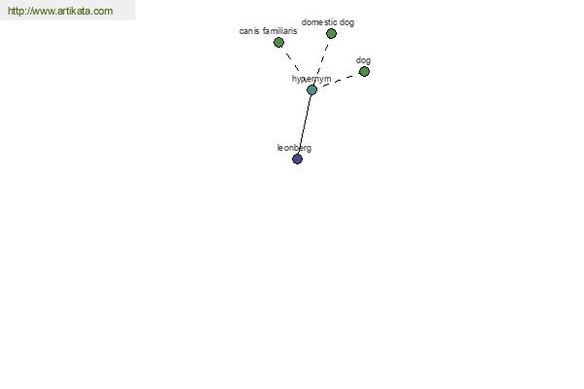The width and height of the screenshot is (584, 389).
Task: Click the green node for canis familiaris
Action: tap(278, 43)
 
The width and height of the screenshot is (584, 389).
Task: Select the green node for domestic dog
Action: tap(331, 34)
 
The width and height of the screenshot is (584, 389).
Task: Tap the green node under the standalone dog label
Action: tap(364, 71)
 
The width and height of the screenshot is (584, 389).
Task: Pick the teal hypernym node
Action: tap(311, 89)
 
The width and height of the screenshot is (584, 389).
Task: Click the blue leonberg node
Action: tap(297, 159)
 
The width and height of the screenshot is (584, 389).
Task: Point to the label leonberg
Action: tap(294, 148)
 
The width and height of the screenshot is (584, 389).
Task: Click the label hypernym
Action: tap(311, 79)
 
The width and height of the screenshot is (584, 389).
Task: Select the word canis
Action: tap(249, 31)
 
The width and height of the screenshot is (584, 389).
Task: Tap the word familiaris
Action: tap(279, 31)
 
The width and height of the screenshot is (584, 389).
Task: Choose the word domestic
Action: tap(319, 22)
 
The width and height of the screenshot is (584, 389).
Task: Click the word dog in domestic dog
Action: tap(347, 22)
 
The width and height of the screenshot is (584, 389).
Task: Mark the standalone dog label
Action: tap(363, 60)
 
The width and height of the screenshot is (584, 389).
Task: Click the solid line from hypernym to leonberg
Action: tap(305, 124)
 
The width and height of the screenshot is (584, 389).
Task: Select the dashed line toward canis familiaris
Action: tap(292, 62)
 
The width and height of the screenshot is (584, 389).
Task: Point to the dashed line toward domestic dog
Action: tap(322, 59)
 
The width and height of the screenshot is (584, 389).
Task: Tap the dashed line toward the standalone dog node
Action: tap(338, 81)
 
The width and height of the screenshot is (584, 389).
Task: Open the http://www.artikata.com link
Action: tap(60, 11)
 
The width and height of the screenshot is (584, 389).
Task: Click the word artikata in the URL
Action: tap(74, 11)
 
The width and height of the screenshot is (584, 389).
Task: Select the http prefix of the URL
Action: tap(15, 11)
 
